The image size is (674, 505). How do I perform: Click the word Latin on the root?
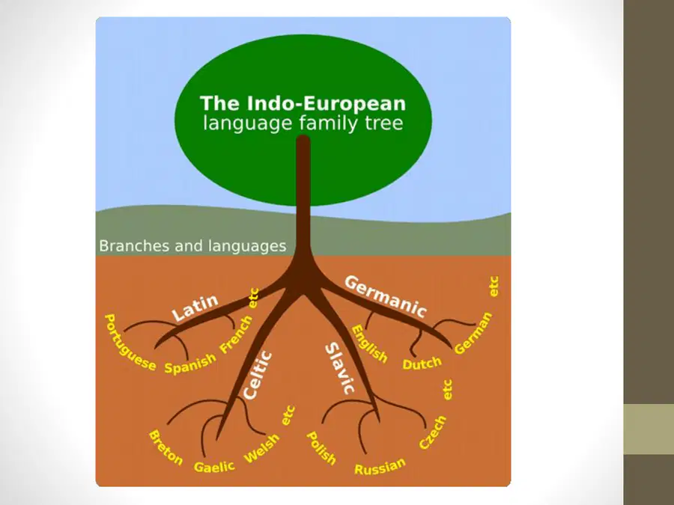195,307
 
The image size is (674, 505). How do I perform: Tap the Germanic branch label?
386,296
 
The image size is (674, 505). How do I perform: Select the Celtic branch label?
257,376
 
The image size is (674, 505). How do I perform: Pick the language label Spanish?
190,364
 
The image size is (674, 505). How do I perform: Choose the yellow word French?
236,334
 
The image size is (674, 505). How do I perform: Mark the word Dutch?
422,364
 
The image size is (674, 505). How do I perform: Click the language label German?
473,333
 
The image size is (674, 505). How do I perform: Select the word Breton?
166,447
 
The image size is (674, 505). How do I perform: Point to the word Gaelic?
214,466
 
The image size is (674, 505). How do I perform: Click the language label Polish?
321,448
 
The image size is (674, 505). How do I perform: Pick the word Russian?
380,466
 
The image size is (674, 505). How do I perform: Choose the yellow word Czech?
433,433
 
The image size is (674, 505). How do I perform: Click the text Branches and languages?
192,246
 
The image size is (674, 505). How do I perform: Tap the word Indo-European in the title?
327,103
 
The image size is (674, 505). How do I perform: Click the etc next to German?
494,287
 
